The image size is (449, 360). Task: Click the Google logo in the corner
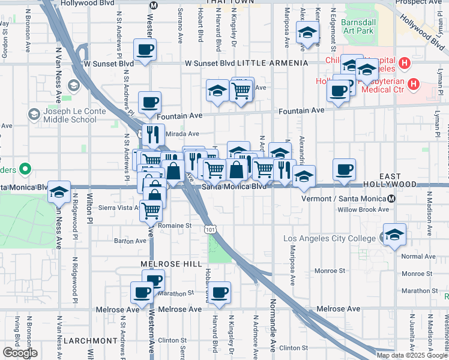pos(20,353)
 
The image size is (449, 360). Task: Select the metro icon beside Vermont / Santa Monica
pos(392,198)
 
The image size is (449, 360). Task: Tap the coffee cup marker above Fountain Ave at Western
pos(150,102)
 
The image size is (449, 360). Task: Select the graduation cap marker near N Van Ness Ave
pos(59,191)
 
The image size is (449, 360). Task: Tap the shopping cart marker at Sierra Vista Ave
pos(151,210)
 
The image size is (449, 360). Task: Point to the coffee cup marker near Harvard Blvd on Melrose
pos(220,292)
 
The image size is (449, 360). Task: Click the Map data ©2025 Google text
pos(411,355)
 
